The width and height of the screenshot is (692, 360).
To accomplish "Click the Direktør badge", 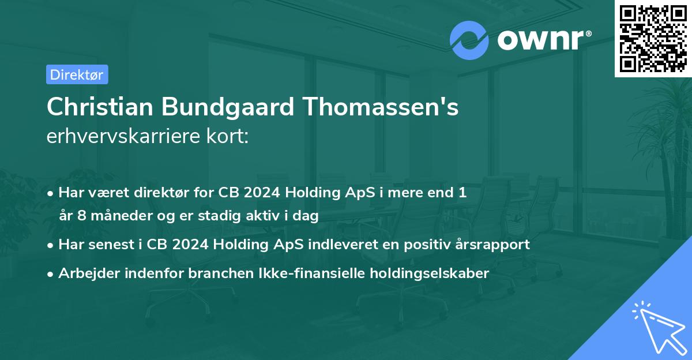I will click(77, 74).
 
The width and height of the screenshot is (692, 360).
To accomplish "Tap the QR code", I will click(653, 38).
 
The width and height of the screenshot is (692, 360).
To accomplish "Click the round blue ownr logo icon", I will click(469, 40).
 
